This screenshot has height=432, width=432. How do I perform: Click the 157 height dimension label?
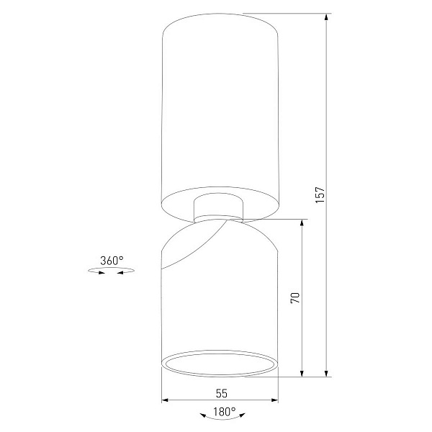point(320,195)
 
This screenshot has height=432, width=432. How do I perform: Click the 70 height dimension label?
point(295,298)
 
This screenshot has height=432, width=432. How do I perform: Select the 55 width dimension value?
point(222,393)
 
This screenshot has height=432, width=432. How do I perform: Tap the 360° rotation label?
point(112,261)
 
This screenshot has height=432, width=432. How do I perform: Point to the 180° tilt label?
point(225,412)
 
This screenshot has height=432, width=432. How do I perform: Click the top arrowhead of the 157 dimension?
point(326,17)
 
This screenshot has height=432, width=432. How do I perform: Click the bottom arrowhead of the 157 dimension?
point(326,373)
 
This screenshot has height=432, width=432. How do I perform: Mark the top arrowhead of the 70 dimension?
point(302,223)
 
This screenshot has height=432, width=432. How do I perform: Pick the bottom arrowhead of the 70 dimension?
point(302,373)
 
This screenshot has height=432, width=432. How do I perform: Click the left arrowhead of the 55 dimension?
point(165,400)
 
